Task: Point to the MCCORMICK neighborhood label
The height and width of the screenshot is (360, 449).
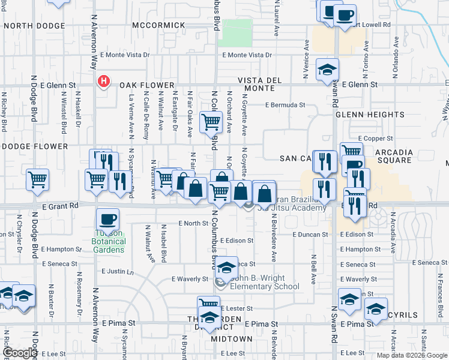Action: [159, 25]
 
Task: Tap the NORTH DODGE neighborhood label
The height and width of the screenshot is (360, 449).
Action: [34, 25]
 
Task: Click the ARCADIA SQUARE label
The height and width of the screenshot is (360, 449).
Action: [394, 156]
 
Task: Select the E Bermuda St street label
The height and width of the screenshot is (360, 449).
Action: [286, 104]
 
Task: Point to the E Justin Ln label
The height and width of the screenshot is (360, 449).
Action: [118, 271]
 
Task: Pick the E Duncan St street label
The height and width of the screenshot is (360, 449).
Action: [310, 235]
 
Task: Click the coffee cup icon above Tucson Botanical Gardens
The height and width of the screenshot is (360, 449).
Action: [107, 218]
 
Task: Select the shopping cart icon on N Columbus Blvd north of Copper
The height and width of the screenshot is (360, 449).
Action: [211, 122]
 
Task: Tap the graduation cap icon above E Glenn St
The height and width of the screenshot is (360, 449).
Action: [327, 70]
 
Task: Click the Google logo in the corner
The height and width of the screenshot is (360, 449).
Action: [20, 353]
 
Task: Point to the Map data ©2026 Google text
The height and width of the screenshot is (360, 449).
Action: [411, 355]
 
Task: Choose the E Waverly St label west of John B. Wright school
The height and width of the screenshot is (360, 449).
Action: [190, 279]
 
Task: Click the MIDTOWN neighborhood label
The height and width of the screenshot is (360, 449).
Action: [231, 339]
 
